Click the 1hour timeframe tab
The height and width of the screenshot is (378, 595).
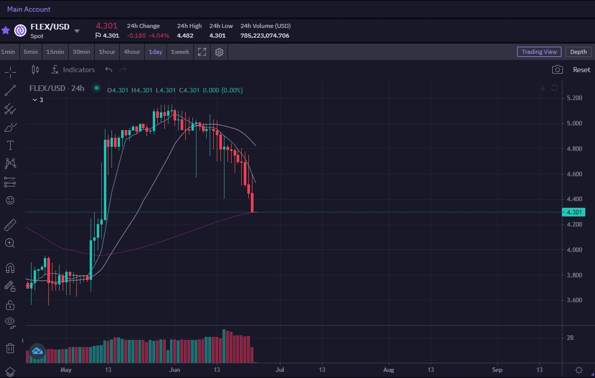pyautogui.click(x=106, y=52)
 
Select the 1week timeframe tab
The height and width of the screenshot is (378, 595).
pyautogui.click(x=180, y=52)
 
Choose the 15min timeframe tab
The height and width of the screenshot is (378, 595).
pyautogui.click(x=55, y=52)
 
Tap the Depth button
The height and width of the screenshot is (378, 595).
pyautogui.click(x=578, y=52)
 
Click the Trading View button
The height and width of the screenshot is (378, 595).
pyautogui.click(x=539, y=52)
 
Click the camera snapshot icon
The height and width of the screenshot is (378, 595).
pyautogui.click(x=557, y=70)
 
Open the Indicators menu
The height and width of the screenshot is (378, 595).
pyautogui.click(x=73, y=70)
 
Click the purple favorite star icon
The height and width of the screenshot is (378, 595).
pyautogui.click(x=6, y=30)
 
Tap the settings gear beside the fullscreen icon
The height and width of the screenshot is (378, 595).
pyautogui.click(x=219, y=52)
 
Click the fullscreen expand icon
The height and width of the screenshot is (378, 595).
pyautogui.click(x=202, y=52)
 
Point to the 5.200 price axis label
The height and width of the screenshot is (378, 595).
pyautogui.click(x=574, y=98)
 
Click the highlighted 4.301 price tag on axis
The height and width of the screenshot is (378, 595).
pyautogui.click(x=574, y=212)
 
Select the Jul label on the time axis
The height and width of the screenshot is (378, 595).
pyautogui.click(x=279, y=370)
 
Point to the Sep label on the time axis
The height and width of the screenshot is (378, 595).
pyautogui.click(x=497, y=370)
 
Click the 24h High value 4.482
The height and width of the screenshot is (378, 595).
pyautogui.click(x=185, y=36)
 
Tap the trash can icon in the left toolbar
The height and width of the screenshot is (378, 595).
pyautogui.click(x=10, y=348)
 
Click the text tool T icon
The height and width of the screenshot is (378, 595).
pyautogui.click(x=10, y=145)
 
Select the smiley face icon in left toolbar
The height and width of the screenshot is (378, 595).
pyautogui.click(x=10, y=200)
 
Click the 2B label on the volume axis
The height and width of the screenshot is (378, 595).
pyautogui.click(x=570, y=337)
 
